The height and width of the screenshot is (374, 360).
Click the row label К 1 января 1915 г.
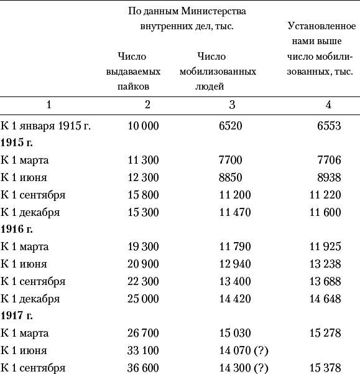tap(46, 126)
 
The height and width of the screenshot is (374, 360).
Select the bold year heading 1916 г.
tap(16, 230)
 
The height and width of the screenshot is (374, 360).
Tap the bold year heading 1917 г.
tap(16, 316)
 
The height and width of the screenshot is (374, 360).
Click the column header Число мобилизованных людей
tap(218, 71)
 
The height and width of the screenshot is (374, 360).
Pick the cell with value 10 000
tap(143, 126)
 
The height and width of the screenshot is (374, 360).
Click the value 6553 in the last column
tap(329, 126)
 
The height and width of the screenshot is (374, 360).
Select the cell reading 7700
tap(231, 161)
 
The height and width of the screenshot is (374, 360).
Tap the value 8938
tap(329, 178)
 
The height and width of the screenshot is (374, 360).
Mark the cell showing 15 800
tap(143, 195)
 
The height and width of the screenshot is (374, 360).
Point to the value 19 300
tap(143, 247)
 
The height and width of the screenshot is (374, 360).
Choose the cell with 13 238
tap(325, 264)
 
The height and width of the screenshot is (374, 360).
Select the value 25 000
tap(143, 299)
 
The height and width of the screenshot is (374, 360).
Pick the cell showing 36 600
tap(143, 368)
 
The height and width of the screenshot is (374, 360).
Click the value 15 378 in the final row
tap(325, 368)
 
